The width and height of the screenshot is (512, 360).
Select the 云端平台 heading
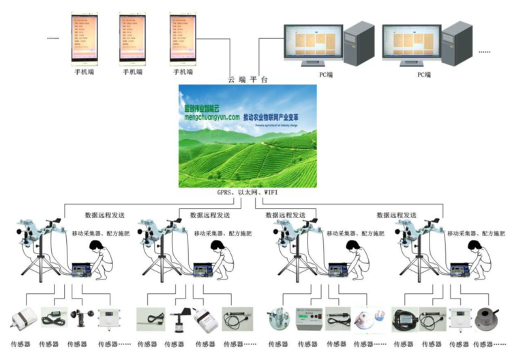247,79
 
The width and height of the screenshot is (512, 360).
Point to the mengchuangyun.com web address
211,117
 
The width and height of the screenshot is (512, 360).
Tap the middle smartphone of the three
132,38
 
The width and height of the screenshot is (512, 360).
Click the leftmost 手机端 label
85,71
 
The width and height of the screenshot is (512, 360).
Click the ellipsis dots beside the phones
54,38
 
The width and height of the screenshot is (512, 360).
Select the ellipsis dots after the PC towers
485,52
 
